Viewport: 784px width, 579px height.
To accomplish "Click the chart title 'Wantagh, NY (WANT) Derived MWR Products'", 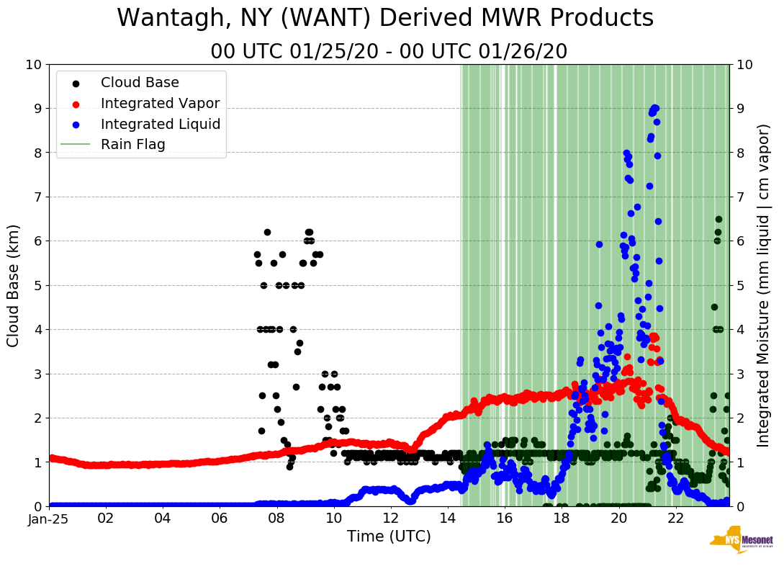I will point(385,19).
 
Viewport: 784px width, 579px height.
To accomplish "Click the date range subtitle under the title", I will point(389,52).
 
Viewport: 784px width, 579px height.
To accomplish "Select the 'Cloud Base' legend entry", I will point(140,83).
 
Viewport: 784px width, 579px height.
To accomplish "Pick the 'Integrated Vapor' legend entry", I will point(160,104).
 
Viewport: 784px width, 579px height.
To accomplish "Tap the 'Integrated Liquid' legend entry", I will point(161,124).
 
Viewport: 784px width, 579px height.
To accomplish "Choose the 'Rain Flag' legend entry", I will point(133,145).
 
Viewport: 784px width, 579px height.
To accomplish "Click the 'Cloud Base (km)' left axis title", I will point(14,285).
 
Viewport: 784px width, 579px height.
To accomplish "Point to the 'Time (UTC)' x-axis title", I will point(389,537).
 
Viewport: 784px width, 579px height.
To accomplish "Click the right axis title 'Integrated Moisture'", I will point(764,285).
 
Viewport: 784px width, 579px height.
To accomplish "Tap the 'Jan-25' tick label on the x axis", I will point(49,517).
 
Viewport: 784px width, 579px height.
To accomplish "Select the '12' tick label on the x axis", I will point(390,517).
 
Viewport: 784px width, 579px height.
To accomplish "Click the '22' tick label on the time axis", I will point(675,517).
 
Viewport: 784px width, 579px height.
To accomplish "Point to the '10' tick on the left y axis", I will point(32,65).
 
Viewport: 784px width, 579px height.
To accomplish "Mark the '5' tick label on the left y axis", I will point(37,285).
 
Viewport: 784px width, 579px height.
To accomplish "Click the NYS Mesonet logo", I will point(742,542).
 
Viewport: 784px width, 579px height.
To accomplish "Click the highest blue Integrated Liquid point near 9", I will point(655,108).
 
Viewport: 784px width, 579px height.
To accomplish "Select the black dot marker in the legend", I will point(76,83).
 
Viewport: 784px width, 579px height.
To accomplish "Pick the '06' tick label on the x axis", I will point(220,517).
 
